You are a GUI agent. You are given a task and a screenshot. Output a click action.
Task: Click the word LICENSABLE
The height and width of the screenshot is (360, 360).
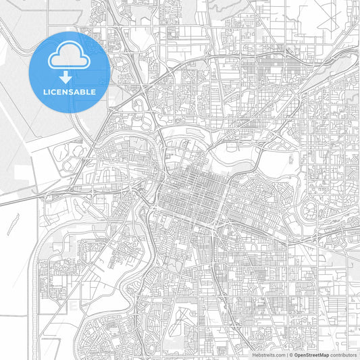[70, 91]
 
